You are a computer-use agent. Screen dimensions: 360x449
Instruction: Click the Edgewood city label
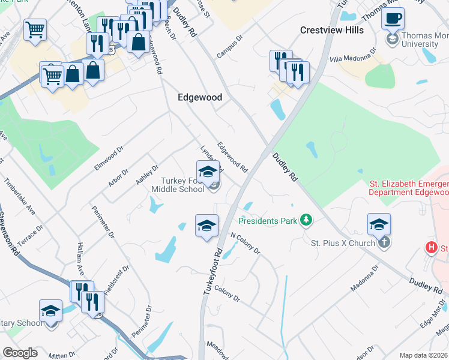coord(200,97)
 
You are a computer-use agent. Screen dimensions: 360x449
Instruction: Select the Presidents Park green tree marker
coord(307,221)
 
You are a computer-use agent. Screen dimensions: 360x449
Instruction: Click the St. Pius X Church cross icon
coord(384,242)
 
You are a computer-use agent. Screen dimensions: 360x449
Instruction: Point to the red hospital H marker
coord(430,247)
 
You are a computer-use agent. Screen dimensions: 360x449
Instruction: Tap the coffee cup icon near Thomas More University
coord(393,19)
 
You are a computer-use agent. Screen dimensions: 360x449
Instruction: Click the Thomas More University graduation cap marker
coord(393,40)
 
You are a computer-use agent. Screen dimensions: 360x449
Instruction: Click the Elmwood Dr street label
coord(108,157)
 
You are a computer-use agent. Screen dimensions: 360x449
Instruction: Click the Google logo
coord(20,353)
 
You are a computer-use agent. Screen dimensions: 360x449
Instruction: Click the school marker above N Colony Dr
coord(206,226)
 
